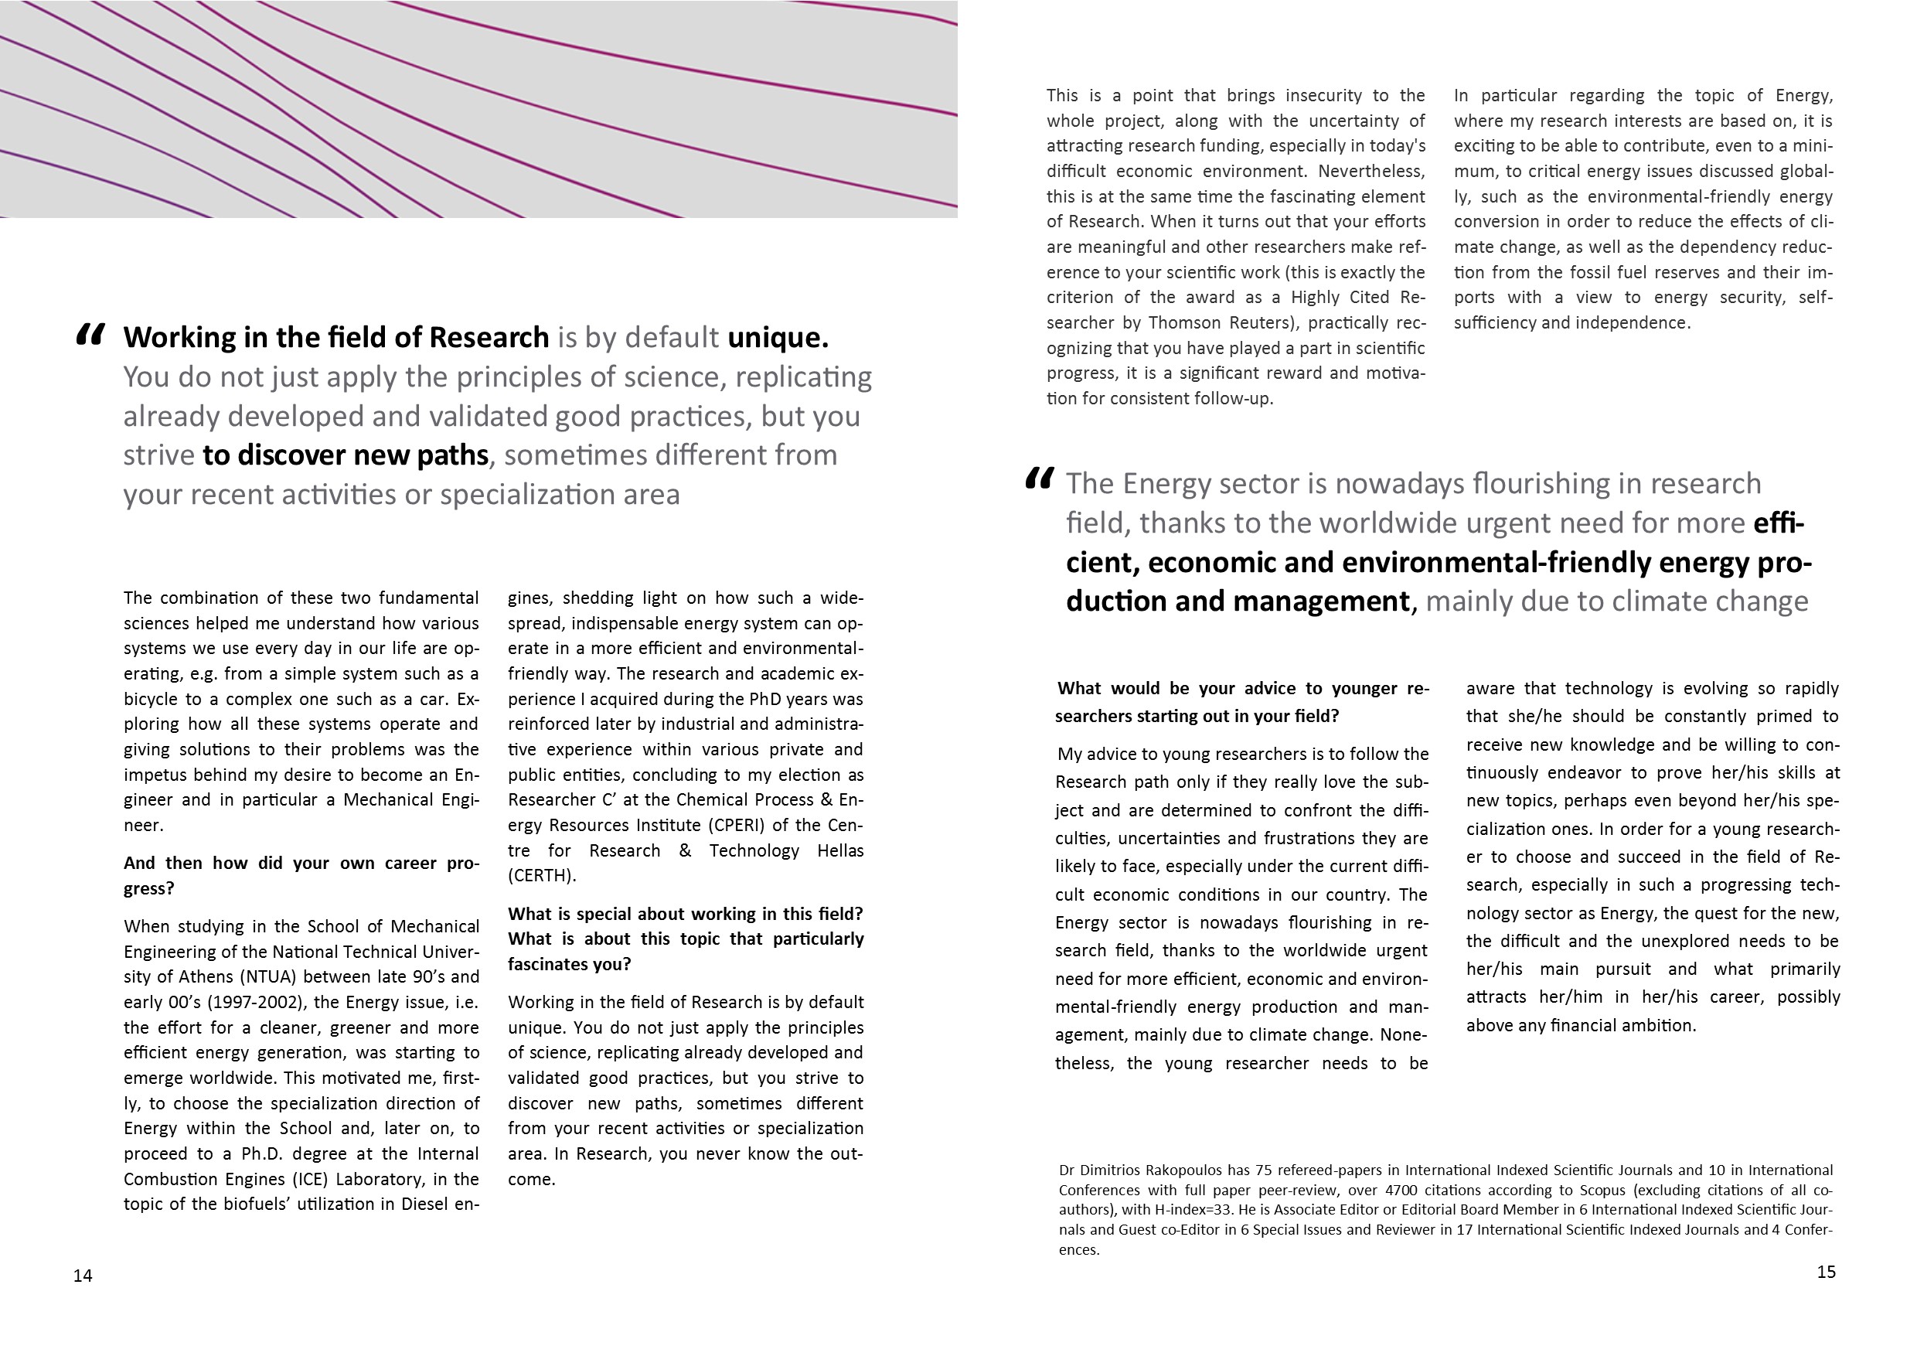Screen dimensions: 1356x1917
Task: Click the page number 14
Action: click(83, 1276)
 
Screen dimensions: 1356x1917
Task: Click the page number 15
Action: click(1826, 1272)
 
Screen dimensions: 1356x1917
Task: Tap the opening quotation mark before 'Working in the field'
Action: click(90, 335)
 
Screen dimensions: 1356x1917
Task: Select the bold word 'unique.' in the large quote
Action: click(778, 337)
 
